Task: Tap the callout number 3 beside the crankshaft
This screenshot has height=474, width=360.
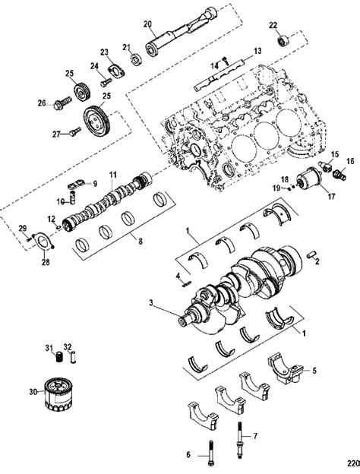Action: click(151, 302)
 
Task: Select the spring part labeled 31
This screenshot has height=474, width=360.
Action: click(59, 357)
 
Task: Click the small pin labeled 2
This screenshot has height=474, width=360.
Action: click(311, 254)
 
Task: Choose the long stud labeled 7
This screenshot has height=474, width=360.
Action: click(240, 441)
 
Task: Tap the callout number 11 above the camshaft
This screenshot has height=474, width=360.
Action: click(112, 175)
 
